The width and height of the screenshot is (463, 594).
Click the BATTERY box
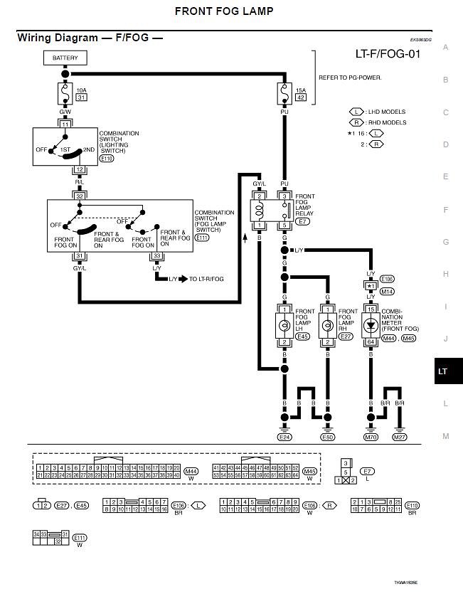(65, 58)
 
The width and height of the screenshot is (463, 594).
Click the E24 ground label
(284, 437)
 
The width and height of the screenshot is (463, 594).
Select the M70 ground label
(371, 437)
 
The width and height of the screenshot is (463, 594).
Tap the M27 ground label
(400, 437)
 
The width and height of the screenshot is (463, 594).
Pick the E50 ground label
(328, 437)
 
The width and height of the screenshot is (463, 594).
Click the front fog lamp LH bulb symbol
(284, 326)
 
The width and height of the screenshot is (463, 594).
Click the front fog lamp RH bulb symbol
(328, 326)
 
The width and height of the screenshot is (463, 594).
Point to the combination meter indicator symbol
(371, 326)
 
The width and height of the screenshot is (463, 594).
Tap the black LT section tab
(443, 371)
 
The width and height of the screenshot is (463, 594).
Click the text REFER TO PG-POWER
(350, 77)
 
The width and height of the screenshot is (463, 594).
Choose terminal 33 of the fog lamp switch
(156, 256)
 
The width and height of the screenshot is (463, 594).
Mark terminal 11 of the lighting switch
(65, 124)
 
